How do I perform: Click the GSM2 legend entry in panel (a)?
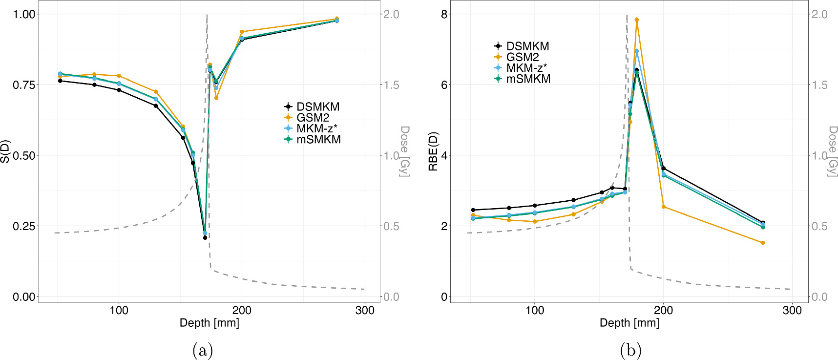pyautogui.click(x=313, y=118)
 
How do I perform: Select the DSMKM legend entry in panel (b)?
pyautogui.click(x=527, y=46)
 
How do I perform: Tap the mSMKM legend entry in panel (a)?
pyautogui.click(x=318, y=139)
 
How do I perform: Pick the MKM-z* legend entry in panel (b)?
pyautogui.click(x=526, y=68)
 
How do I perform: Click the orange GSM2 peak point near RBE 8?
pyautogui.click(x=636, y=20)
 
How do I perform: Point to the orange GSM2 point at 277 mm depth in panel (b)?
pyautogui.click(x=763, y=243)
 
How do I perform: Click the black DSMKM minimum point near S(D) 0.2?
pyautogui.click(x=205, y=238)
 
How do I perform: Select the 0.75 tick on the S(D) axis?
pyautogui.click(x=24, y=85)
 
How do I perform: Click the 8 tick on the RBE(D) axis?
pyautogui.click(x=444, y=14)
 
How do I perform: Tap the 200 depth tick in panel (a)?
pyautogui.click(x=242, y=310)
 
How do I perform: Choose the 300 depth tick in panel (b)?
pyautogui.click(x=792, y=310)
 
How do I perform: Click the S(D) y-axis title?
pyautogui.click(x=5, y=152)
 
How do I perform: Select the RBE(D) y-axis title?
pyautogui.click(x=433, y=152)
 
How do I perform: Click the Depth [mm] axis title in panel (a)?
pyautogui.click(x=209, y=323)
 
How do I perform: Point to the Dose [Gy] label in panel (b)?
pyautogui.click(x=832, y=151)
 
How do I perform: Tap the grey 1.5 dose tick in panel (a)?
pyautogui.click(x=391, y=85)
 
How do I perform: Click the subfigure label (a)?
pyautogui.click(x=203, y=350)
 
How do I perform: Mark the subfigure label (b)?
pyautogui.click(x=630, y=350)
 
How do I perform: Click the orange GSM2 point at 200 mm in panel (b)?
pyautogui.click(x=663, y=207)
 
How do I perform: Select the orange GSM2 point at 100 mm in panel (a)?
pyautogui.click(x=119, y=76)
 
